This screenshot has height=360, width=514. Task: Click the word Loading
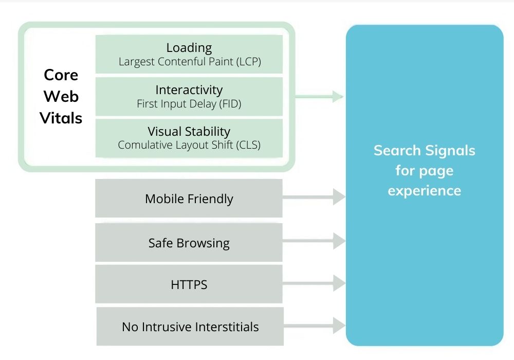pos(189,48)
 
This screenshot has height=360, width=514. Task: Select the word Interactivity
pos(189,90)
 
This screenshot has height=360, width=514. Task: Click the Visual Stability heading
pos(189,132)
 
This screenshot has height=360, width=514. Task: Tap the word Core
pos(61,75)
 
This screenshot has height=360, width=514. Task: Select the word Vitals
pos(61,118)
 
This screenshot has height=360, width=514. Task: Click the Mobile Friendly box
pos(189,199)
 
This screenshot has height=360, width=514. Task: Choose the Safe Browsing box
pos(189,243)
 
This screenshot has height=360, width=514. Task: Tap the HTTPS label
pos(189,284)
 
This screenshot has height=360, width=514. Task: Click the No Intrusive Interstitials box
pos(190,327)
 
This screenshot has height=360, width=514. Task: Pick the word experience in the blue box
pos(425,191)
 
